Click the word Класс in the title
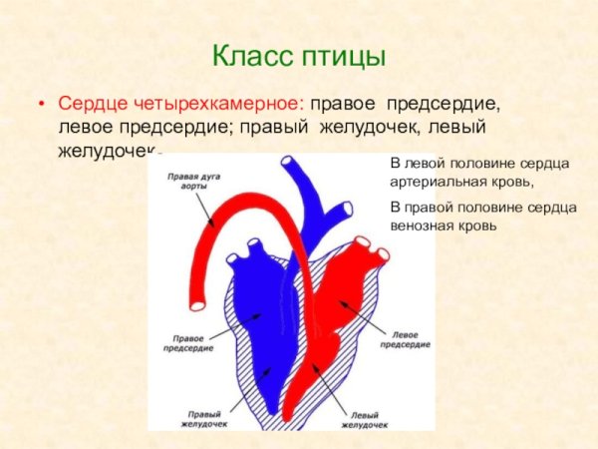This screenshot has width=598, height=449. point(253,55)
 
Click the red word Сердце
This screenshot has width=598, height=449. point(87,104)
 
